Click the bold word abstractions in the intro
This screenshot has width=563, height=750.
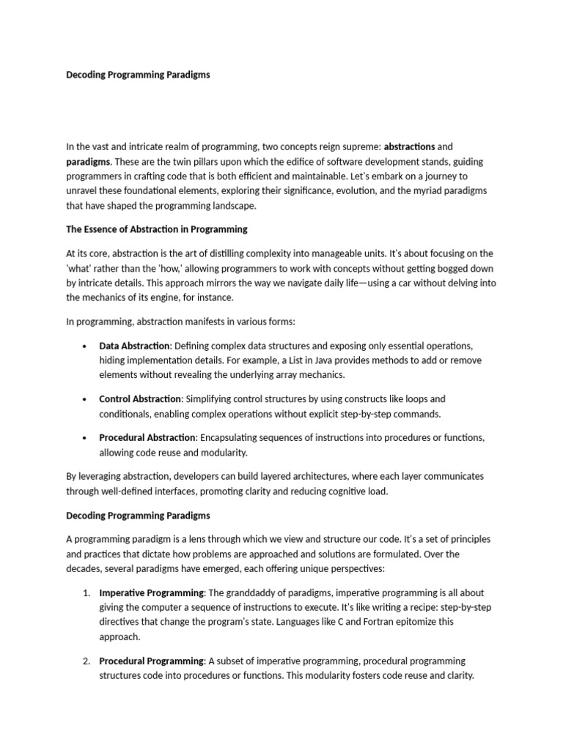[x=409, y=146]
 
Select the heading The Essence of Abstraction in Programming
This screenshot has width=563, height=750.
[x=157, y=229]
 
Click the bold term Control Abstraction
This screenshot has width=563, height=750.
[x=139, y=399]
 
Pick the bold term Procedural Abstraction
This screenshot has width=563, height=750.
[x=145, y=437]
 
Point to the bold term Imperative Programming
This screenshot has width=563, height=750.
[x=152, y=593]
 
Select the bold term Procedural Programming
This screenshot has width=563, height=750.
[x=151, y=661]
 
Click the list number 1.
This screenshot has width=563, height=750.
[x=85, y=593]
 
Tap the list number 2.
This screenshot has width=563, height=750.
[x=85, y=661]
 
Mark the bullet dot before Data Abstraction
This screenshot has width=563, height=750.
[x=85, y=346]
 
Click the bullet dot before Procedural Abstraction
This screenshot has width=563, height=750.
[x=85, y=438]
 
